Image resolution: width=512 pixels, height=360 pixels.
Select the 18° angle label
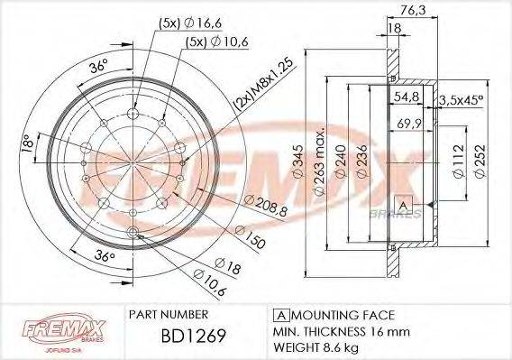click(28, 143)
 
